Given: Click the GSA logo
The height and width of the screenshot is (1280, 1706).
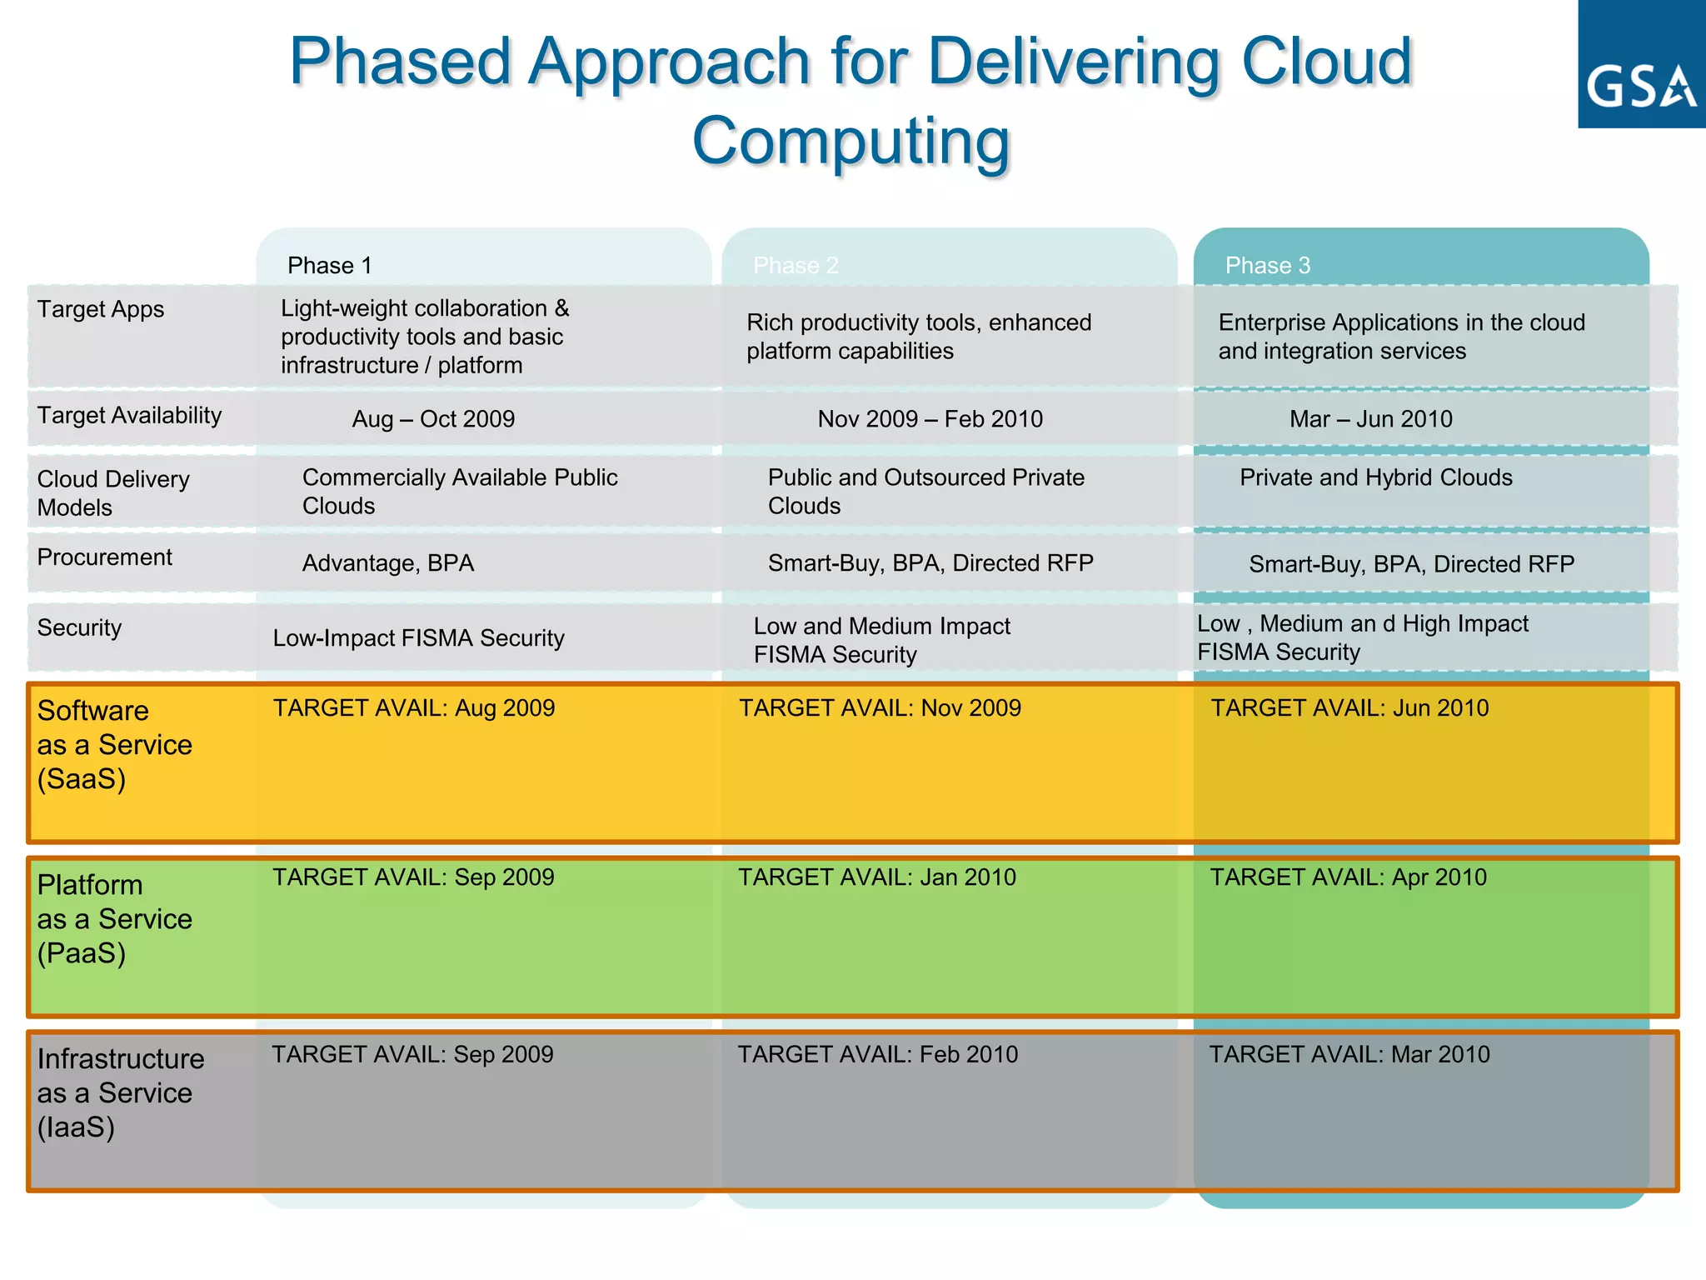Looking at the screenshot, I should pos(1640,65).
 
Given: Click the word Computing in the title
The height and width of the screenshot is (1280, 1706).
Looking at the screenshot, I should pos(851,141).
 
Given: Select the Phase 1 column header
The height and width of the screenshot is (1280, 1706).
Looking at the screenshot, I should pos(329,265).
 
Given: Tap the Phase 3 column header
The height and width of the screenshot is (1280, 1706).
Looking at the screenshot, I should pos(1267,265).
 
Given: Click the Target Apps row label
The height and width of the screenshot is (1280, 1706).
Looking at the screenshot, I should pos(101,309).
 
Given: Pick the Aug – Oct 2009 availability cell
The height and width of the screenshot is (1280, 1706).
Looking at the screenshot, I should pos(433,419).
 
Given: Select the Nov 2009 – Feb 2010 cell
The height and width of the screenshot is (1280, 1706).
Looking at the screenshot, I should pos(930,419).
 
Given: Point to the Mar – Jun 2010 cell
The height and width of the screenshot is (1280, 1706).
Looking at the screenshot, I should pos(1370,419).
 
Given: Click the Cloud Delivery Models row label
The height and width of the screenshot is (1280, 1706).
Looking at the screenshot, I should pos(113,492).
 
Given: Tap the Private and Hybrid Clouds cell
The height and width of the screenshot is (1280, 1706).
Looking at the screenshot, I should pos(1375,477).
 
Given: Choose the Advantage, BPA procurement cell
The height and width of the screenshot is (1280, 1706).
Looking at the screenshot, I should pos(387,563).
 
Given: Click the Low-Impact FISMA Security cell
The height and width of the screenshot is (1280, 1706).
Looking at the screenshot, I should pos(418,638).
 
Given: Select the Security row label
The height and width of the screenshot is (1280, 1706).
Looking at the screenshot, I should pos(79,627).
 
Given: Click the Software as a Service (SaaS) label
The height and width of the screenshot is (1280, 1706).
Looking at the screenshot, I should pos(114,744).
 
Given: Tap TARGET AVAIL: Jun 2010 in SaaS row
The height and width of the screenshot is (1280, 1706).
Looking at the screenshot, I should pos(1349,708).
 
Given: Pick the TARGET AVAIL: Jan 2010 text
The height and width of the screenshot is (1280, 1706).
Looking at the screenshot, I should pos(876,877).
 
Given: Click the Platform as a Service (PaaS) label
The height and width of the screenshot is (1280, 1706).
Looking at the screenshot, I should pos(114,918).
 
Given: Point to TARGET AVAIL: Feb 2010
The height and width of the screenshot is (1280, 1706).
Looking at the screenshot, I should pos(877,1055).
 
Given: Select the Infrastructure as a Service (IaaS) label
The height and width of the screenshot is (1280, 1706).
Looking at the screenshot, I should pos(120,1092).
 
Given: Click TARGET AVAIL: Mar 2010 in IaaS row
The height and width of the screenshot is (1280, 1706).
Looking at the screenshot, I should pos(1349,1055).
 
